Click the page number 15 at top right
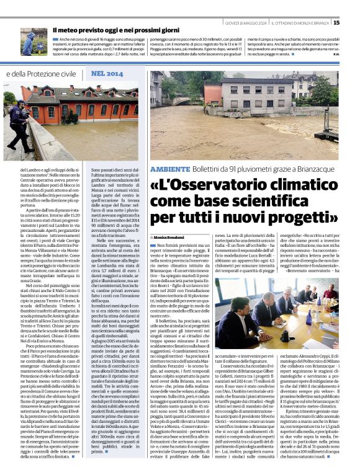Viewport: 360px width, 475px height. [354, 23]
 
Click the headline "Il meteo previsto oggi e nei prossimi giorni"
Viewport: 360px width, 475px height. [116, 30]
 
